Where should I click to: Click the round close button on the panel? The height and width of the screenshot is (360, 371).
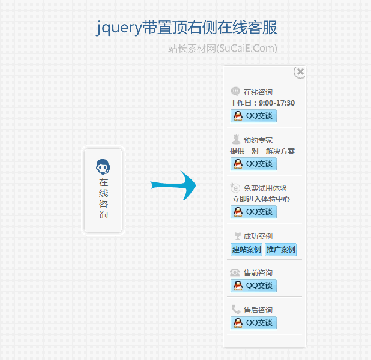[x=300, y=72]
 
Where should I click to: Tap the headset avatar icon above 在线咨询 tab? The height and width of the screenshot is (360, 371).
[x=103, y=166]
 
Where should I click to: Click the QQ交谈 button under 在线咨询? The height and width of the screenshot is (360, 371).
[x=253, y=116]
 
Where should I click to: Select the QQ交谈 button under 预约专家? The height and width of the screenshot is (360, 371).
[x=253, y=164]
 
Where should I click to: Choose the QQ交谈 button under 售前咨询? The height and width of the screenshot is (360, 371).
[x=253, y=286]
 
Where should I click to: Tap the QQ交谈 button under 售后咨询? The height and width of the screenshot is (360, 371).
[x=253, y=323]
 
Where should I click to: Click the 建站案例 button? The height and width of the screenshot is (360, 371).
[x=246, y=250]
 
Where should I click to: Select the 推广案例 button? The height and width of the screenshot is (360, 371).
[x=280, y=250]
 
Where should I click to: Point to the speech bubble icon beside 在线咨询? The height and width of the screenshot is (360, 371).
[x=235, y=92]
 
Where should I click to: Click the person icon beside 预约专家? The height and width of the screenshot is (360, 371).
[x=235, y=140]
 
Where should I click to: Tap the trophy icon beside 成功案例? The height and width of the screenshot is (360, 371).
[x=237, y=236]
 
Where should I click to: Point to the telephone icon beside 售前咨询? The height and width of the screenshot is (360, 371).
[x=235, y=272]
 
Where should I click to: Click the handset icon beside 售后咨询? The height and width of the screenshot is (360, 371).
[x=235, y=310]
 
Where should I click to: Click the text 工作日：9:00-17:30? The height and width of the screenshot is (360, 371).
[x=262, y=103]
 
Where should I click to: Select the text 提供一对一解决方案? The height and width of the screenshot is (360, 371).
[x=262, y=151]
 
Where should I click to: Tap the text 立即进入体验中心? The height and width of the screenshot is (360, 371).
[x=261, y=199]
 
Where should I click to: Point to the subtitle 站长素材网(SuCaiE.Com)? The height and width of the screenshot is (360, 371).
[x=222, y=49]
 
